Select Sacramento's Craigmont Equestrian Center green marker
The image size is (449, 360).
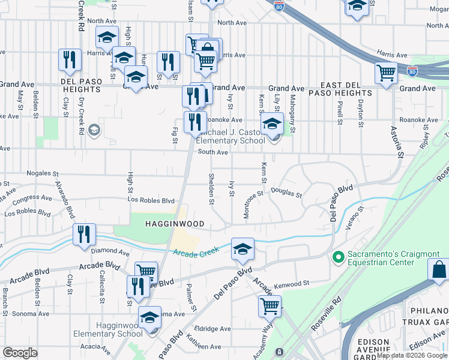[x=338, y=257]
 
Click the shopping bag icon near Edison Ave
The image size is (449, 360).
[x=440, y=270]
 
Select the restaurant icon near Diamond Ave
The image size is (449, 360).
[x=84, y=233]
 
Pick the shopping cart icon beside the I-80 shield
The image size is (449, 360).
[x=386, y=73]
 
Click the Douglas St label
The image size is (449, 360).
[x=286, y=193]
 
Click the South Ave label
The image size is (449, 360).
[x=213, y=152]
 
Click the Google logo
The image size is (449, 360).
[x=20, y=353]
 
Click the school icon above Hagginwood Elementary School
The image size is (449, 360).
[x=149, y=316]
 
